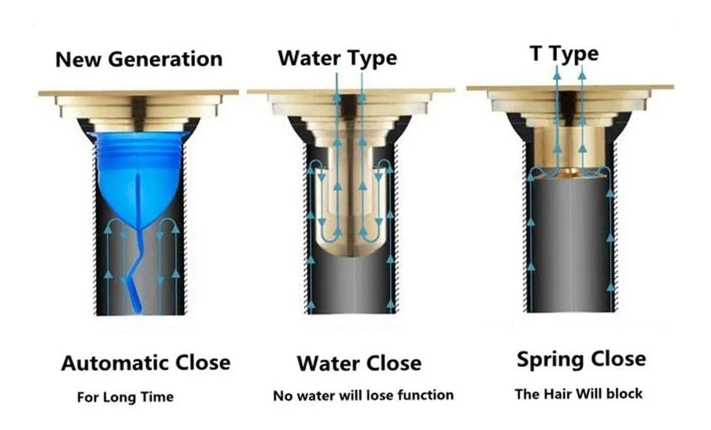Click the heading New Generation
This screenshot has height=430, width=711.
[x=138, y=59]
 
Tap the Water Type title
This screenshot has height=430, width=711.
[x=337, y=58]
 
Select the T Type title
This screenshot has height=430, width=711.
[x=564, y=54]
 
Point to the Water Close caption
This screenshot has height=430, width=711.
[x=359, y=363]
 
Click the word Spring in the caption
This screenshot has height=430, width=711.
[x=548, y=359]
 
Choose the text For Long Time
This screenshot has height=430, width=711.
[x=125, y=397]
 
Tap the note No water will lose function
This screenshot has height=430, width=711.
[x=363, y=395]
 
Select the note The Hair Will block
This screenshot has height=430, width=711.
[x=578, y=393]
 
